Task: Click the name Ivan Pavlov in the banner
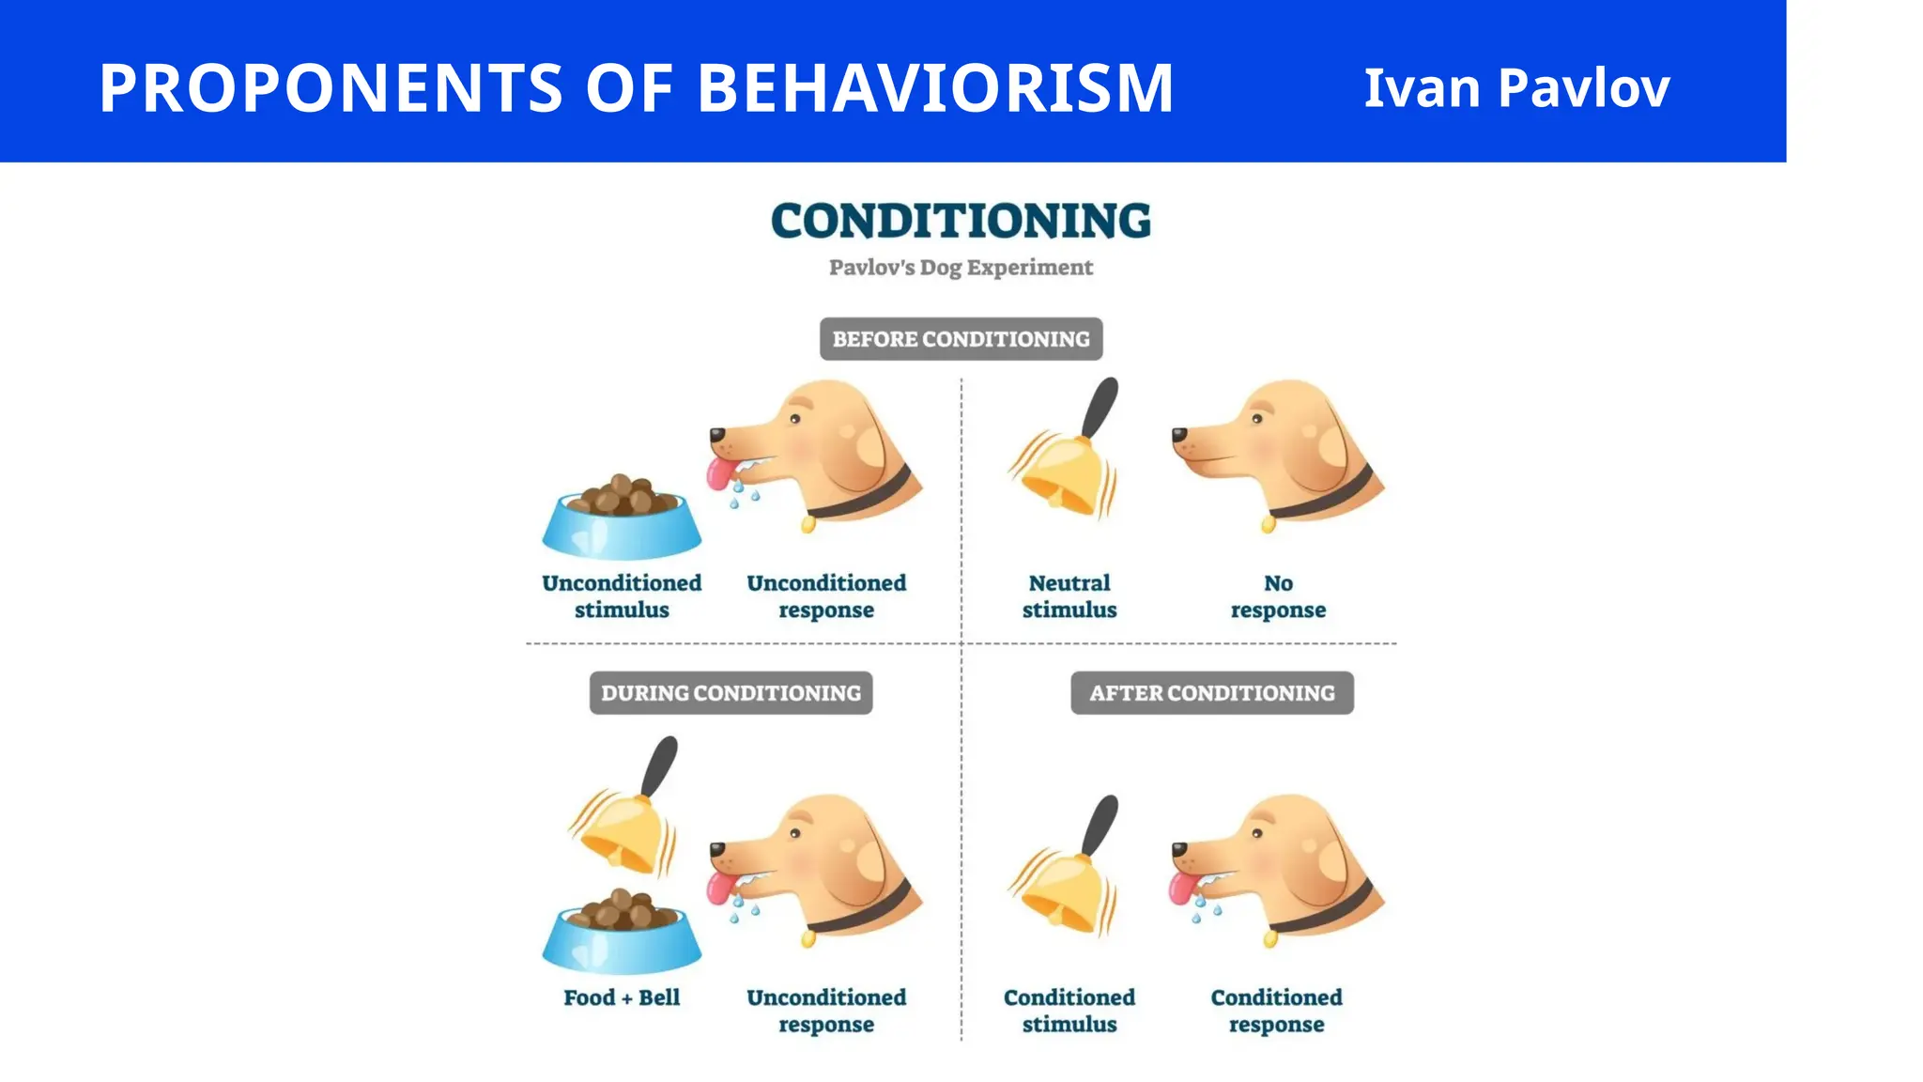tap(1515, 87)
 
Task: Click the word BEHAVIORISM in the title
tap(934, 87)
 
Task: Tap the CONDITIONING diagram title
tap(961, 221)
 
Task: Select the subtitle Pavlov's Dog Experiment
tap(961, 268)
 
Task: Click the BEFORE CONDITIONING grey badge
tap(961, 339)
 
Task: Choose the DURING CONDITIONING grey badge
tap(731, 693)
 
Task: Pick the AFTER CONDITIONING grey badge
tap(1211, 693)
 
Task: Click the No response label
tap(1278, 596)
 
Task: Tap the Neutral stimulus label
tap(1069, 596)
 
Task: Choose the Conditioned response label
tap(1276, 1011)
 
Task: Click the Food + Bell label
tap(622, 997)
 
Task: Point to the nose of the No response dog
tap(1179, 434)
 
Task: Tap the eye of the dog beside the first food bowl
tap(795, 419)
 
